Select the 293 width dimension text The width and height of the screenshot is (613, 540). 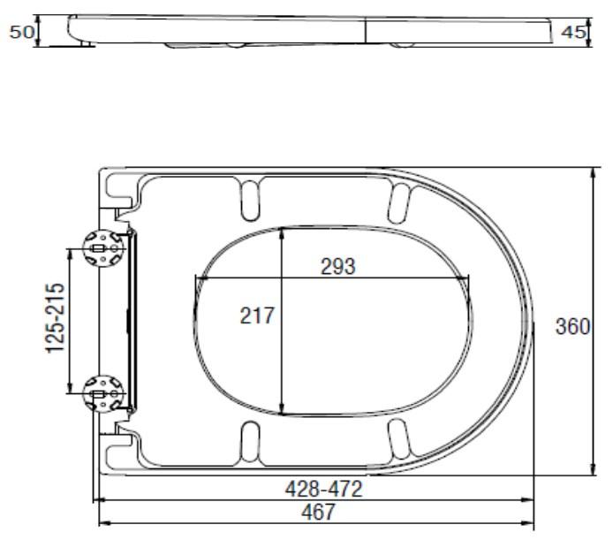pos(338,267)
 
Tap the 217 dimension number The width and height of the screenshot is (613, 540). pos(258,316)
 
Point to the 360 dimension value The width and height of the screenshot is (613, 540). pos(571,327)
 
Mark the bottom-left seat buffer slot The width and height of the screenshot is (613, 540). pos(250,438)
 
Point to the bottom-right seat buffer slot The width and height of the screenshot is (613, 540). pos(400,437)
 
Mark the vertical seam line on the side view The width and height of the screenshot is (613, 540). pos(366,29)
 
